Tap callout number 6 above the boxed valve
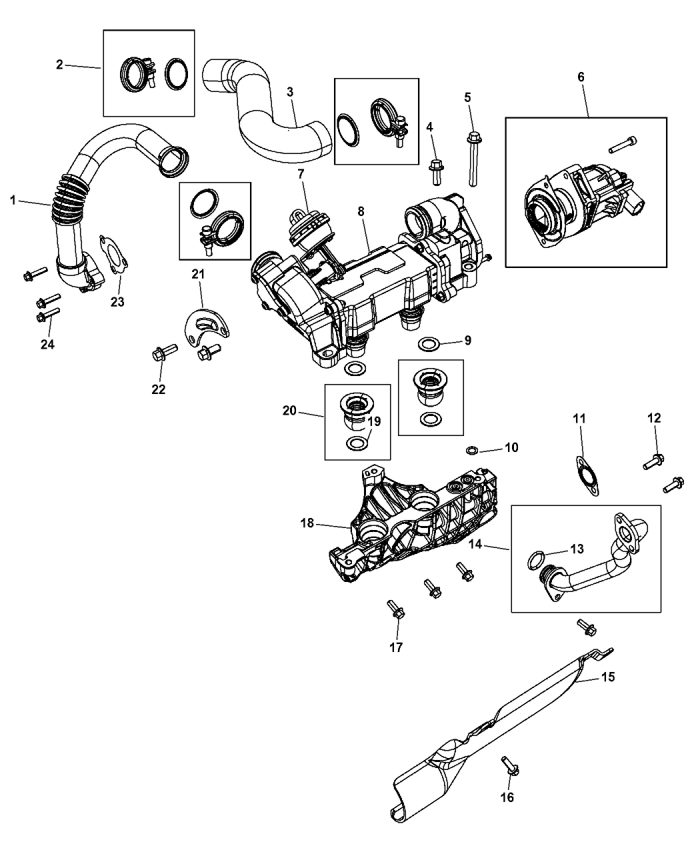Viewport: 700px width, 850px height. (580, 77)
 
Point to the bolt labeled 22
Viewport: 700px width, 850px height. (162, 352)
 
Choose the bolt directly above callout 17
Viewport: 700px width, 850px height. (395, 608)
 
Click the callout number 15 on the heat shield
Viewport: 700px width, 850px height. (607, 677)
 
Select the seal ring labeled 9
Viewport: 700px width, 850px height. (429, 344)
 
